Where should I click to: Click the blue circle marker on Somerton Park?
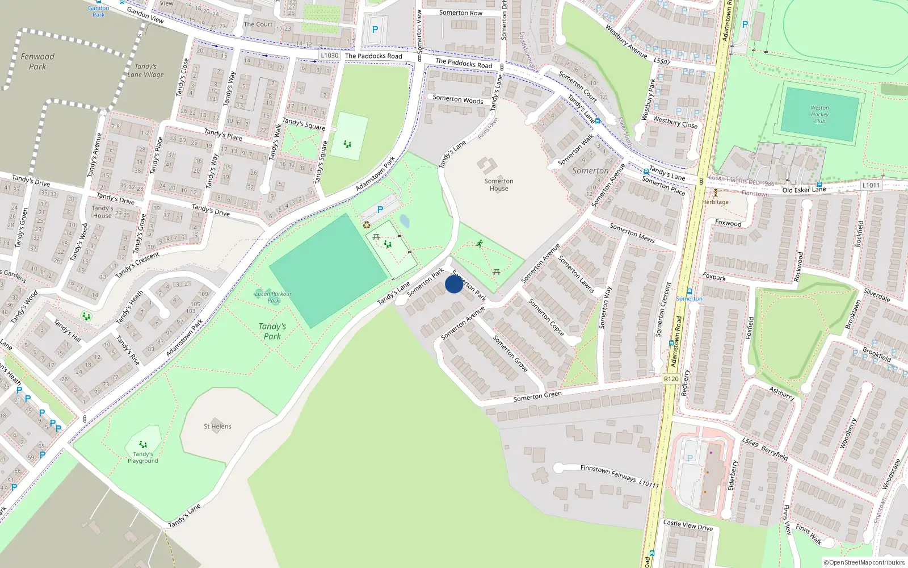pyautogui.click(x=454, y=284)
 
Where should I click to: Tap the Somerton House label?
pyautogui.click(x=499, y=185)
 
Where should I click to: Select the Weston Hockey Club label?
pyautogui.click(x=819, y=114)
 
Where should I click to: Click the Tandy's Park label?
pyautogui.click(x=272, y=331)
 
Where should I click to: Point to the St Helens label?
pyautogui.click(x=217, y=427)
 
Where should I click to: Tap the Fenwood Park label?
pyautogui.click(x=37, y=61)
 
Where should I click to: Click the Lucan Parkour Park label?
pyautogui.click(x=274, y=297)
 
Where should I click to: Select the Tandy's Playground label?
pyautogui.click(x=143, y=457)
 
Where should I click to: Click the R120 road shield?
pyautogui.click(x=671, y=379)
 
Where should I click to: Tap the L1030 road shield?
pyautogui.click(x=330, y=55)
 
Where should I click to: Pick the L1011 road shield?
pyautogui.click(x=871, y=185)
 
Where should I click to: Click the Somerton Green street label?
pyautogui.click(x=537, y=396)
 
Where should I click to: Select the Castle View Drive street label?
pyautogui.click(x=688, y=525)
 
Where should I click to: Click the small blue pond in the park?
pyautogui.click(x=404, y=220)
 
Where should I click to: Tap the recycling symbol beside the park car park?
pyautogui.click(x=367, y=225)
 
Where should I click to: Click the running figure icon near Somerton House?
pyautogui.click(x=480, y=244)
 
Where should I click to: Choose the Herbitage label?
pyautogui.click(x=715, y=202)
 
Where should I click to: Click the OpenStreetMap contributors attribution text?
pyautogui.click(x=864, y=562)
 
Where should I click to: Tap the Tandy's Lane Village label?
pyautogui.click(x=145, y=70)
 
